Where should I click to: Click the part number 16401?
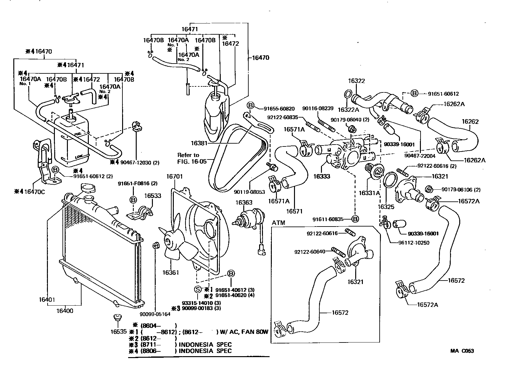coord(47,300)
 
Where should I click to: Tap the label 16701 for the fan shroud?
coord(174,176)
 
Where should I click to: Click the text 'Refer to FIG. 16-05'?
coord(189,158)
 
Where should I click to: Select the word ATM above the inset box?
coord(278,223)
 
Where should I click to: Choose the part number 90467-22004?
coord(420,156)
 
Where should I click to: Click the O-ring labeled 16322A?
coord(347,94)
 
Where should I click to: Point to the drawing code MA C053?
coord(462,351)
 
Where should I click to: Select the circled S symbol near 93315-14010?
coord(197,289)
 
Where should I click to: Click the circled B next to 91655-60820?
coord(250,106)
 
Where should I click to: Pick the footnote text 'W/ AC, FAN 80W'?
coord(243,332)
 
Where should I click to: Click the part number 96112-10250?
coord(414,243)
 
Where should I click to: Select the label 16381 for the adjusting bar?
coord(199,143)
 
